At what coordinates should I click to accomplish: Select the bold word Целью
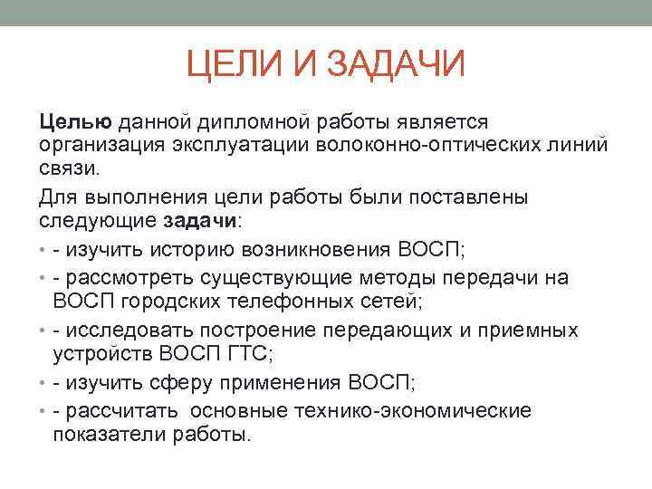coord(75,121)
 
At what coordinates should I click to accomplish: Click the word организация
coord(97,146)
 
